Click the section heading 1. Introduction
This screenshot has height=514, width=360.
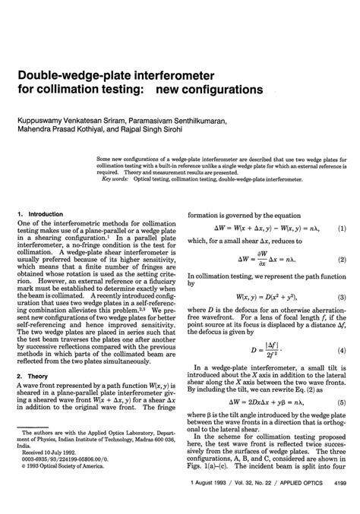point(40,214)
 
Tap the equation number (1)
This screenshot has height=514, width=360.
point(342,227)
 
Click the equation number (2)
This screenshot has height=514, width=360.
point(342,260)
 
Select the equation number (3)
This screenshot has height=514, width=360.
point(342,297)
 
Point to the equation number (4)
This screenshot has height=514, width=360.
point(342,352)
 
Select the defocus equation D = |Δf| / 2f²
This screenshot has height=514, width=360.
point(262,351)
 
